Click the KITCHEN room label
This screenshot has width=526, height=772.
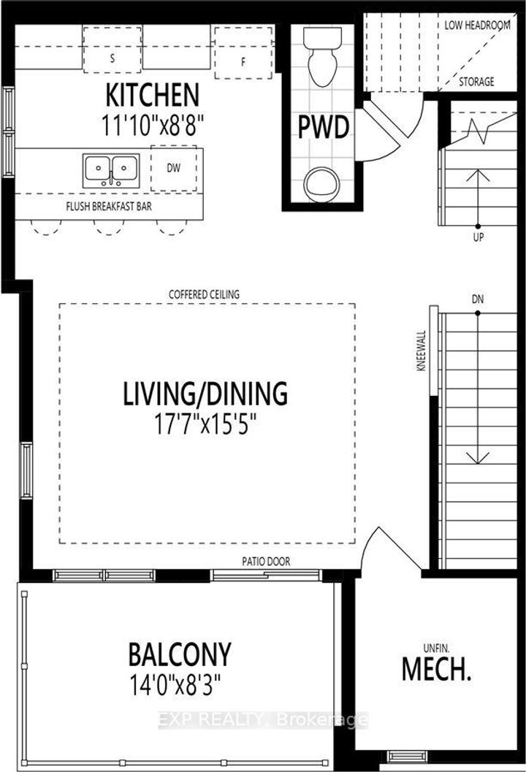tap(153, 96)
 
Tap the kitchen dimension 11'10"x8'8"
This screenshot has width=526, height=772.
tap(153, 125)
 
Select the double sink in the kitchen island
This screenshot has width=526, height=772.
tap(111, 169)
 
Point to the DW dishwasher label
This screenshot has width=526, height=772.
tap(173, 168)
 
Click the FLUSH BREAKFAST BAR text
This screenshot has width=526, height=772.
tap(109, 206)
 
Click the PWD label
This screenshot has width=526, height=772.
tap(324, 127)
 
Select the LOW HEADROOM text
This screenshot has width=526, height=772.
tap(477, 25)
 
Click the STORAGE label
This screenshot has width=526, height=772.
tap(476, 82)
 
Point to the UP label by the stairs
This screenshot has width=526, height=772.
tap(479, 237)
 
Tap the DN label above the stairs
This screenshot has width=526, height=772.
tap(477, 299)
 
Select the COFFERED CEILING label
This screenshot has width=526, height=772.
tap(204, 294)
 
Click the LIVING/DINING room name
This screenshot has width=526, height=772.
tap(205, 394)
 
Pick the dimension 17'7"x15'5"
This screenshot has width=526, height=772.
tap(206, 424)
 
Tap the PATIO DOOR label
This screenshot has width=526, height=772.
tap(266, 561)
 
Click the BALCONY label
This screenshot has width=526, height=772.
tap(179, 654)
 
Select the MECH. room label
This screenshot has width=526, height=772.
tap(436, 669)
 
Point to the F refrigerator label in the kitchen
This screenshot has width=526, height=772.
tap(243, 63)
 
